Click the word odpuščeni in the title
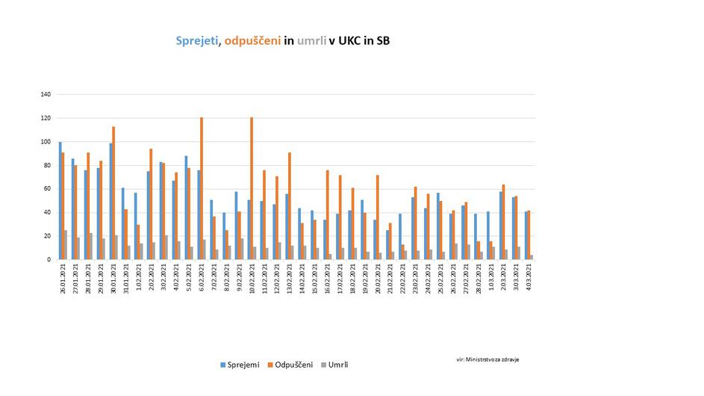coord(252,41)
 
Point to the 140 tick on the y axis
coord(46,95)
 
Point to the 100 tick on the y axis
coord(46,142)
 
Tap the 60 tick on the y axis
coord(47,189)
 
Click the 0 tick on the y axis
coord(49,259)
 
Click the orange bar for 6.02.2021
coord(202,188)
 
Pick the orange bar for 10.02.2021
coord(252,188)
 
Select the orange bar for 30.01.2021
coord(113,193)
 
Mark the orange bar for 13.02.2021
coord(290,205)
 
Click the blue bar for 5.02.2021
coord(185,207)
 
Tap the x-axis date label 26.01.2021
coord(63,282)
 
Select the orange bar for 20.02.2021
coord(378,217)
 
